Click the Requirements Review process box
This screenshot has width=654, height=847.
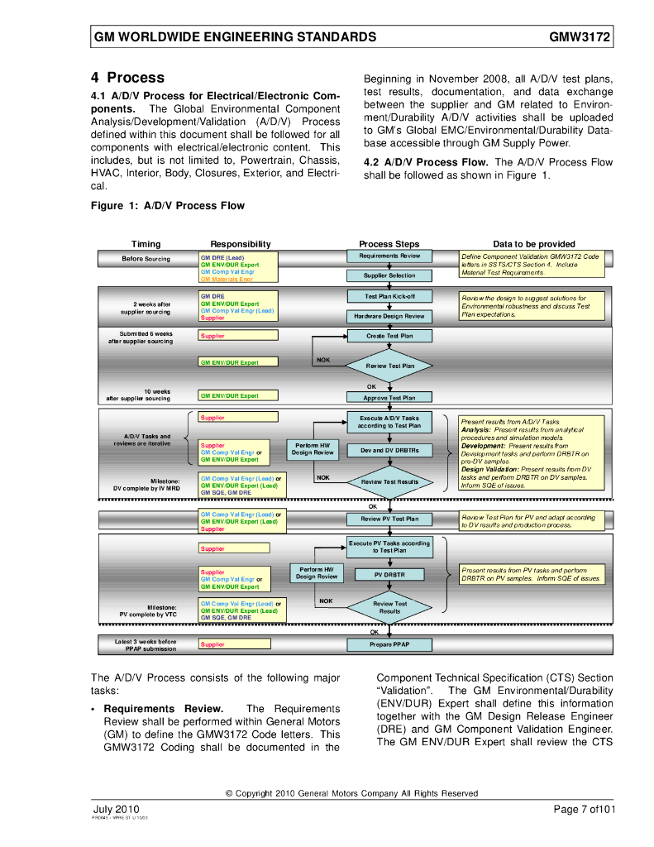tap(389, 256)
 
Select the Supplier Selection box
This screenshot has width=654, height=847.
tap(389, 275)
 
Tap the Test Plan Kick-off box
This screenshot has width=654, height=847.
tap(389, 296)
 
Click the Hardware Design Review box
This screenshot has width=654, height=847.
tap(389, 316)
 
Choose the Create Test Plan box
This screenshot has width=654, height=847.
tap(389, 336)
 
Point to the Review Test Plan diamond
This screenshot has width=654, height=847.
tap(389, 365)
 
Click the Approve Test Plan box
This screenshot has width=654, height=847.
tap(389, 398)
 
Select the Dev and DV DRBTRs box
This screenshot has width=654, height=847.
tap(389, 451)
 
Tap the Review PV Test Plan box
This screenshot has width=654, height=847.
tap(389, 519)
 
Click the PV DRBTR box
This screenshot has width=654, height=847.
tap(389, 574)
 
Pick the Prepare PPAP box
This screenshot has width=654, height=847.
tap(389, 644)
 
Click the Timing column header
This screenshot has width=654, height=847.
tap(146, 244)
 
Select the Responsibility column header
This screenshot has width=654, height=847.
tap(241, 244)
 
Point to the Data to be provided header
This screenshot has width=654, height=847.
tap(534, 244)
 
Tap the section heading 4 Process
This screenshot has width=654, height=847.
tap(127, 78)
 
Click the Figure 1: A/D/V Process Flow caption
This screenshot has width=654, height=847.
tap(168, 206)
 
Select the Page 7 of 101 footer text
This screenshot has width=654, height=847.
tap(584, 809)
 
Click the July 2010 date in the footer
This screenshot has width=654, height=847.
tap(115, 809)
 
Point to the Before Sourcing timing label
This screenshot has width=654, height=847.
tap(146, 259)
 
